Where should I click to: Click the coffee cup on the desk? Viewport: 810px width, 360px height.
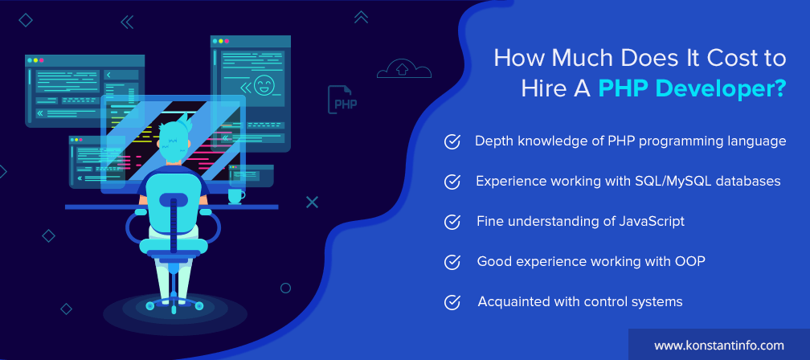click(x=236, y=196)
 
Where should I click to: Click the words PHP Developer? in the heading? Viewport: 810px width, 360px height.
click(x=692, y=89)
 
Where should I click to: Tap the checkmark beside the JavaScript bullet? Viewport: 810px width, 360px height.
click(x=452, y=222)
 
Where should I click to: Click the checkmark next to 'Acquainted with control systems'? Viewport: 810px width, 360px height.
click(x=452, y=302)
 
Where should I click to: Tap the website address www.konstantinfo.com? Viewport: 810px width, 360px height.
click(x=719, y=346)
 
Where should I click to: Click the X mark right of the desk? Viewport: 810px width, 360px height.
click(x=312, y=202)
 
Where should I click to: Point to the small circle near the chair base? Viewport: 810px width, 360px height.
click(x=285, y=288)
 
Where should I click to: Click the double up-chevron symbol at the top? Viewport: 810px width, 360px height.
click(x=361, y=18)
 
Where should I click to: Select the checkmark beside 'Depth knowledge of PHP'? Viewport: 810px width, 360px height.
click(x=452, y=142)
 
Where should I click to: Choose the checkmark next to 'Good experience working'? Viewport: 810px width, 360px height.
click(x=452, y=263)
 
